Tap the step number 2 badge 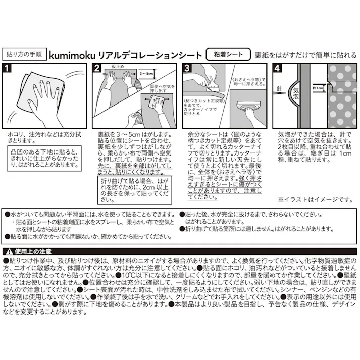(97, 68)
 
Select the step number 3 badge (186, 68)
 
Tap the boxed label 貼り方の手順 (25, 54)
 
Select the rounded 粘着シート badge (228, 54)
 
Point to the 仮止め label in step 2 (117, 67)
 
